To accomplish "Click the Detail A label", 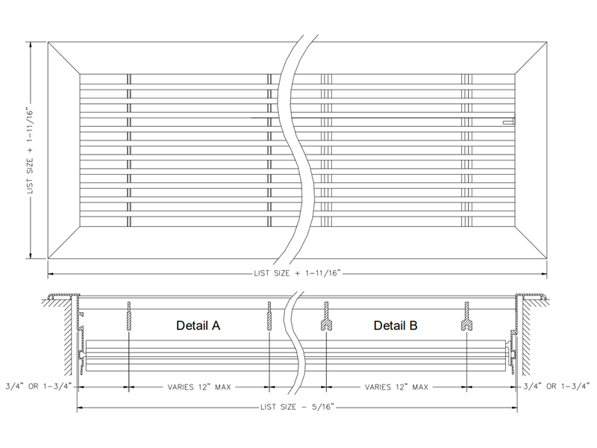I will coord(198,326).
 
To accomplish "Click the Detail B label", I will coord(396,326).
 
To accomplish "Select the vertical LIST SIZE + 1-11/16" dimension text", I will coord(31,150).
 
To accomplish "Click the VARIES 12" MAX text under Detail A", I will coord(199,388).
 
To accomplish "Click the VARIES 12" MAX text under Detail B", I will coord(396,388).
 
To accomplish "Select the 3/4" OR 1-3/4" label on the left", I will coord(37,388).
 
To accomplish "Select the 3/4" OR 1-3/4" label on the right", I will coord(557,388).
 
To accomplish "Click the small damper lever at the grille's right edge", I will coord(508,119).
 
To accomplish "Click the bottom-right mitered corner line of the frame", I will coord(533,241).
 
